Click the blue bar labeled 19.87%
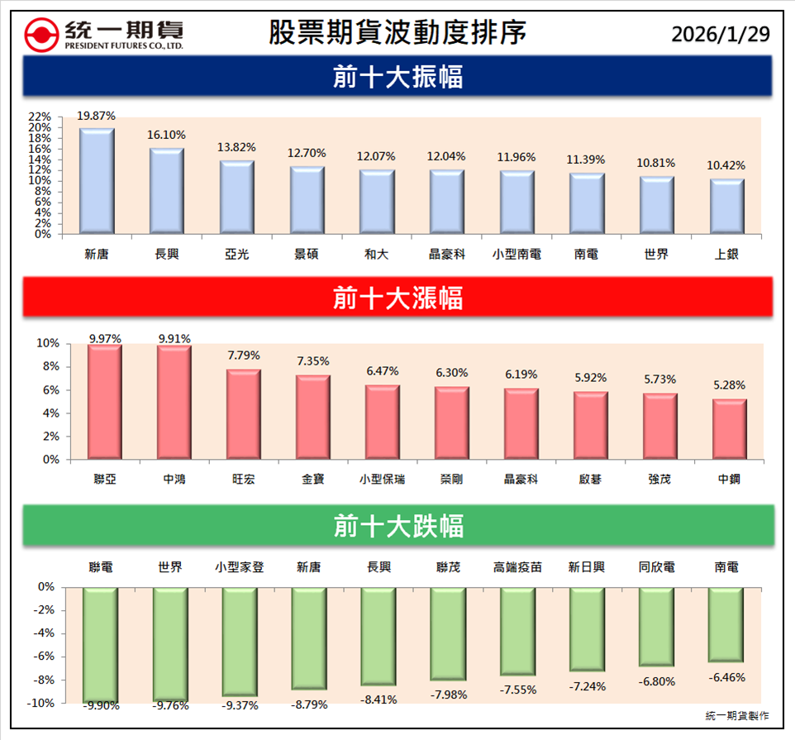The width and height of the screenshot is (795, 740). pyautogui.click(x=97, y=181)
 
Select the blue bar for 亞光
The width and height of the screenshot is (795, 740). pyautogui.click(x=236, y=198)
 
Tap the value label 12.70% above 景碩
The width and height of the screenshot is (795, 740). pyautogui.click(x=307, y=153)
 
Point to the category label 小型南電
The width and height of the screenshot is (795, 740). pyautogui.click(x=517, y=255)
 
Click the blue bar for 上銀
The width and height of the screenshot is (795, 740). pyautogui.click(x=726, y=207)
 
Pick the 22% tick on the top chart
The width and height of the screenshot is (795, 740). pyautogui.click(x=40, y=117)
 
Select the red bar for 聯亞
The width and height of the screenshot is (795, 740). pyautogui.click(x=104, y=402)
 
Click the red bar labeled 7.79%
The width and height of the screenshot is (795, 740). pyautogui.click(x=244, y=414)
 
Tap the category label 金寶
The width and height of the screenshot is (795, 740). pyautogui.click(x=313, y=479)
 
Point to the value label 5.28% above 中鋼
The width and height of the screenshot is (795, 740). pyautogui.click(x=730, y=385)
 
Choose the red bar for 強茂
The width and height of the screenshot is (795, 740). pyautogui.click(x=660, y=426)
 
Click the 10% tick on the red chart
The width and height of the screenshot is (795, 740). pyautogui.click(x=48, y=343)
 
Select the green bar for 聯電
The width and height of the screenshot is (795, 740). pyautogui.click(x=101, y=644)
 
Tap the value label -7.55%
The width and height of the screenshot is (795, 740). pyautogui.click(x=518, y=690)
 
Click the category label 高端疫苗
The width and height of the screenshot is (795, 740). pyautogui.click(x=517, y=567)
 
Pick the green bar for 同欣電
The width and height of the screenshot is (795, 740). pyautogui.click(x=656, y=627)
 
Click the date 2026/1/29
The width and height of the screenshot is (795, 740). pyautogui.click(x=720, y=34)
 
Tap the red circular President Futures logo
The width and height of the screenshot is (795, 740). pyautogui.click(x=40, y=35)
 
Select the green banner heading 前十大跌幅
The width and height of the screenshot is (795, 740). pyautogui.click(x=397, y=526)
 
